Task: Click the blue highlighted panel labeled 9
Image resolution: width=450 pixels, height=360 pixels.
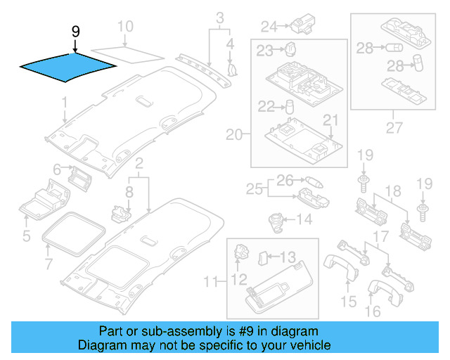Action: pyautogui.click(x=67, y=67)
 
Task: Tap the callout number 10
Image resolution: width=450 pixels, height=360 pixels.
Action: pyautogui.click(x=124, y=28)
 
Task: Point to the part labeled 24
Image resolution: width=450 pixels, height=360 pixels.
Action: pyautogui.click(x=305, y=26)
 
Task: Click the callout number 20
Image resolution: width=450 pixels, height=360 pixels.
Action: pyautogui.click(x=233, y=134)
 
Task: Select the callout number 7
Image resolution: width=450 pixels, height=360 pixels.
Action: pyautogui.click(x=49, y=264)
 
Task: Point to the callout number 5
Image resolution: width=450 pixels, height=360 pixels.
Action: pyautogui.click(x=26, y=236)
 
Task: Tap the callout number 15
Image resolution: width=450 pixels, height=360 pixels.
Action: pyautogui.click(x=349, y=302)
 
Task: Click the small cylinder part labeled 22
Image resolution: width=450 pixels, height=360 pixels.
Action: pyautogui.click(x=288, y=107)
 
